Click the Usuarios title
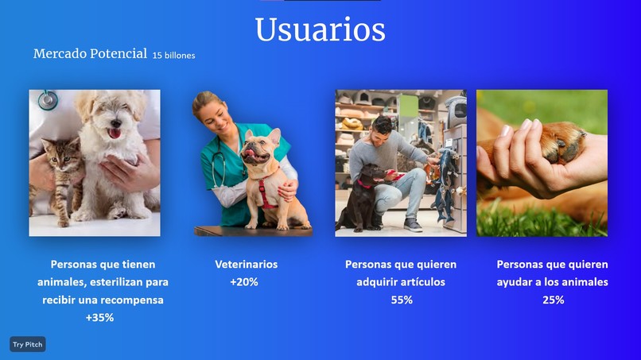[x=320, y=29]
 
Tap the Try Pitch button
[x=28, y=344]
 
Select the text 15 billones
[x=173, y=55]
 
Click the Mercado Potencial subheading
[x=90, y=53]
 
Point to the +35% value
[x=99, y=318]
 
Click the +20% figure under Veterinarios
[x=244, y=282]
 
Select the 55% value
[x=402, y=300]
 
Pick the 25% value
[x=553, y=300]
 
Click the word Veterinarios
[x=246, y=265]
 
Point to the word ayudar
[x=513, y=282]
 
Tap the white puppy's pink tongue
[x=115, y=134]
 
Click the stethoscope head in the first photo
[x=48, y=99]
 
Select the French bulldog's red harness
[x=266, y=192]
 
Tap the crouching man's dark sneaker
[x=413, y=225]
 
